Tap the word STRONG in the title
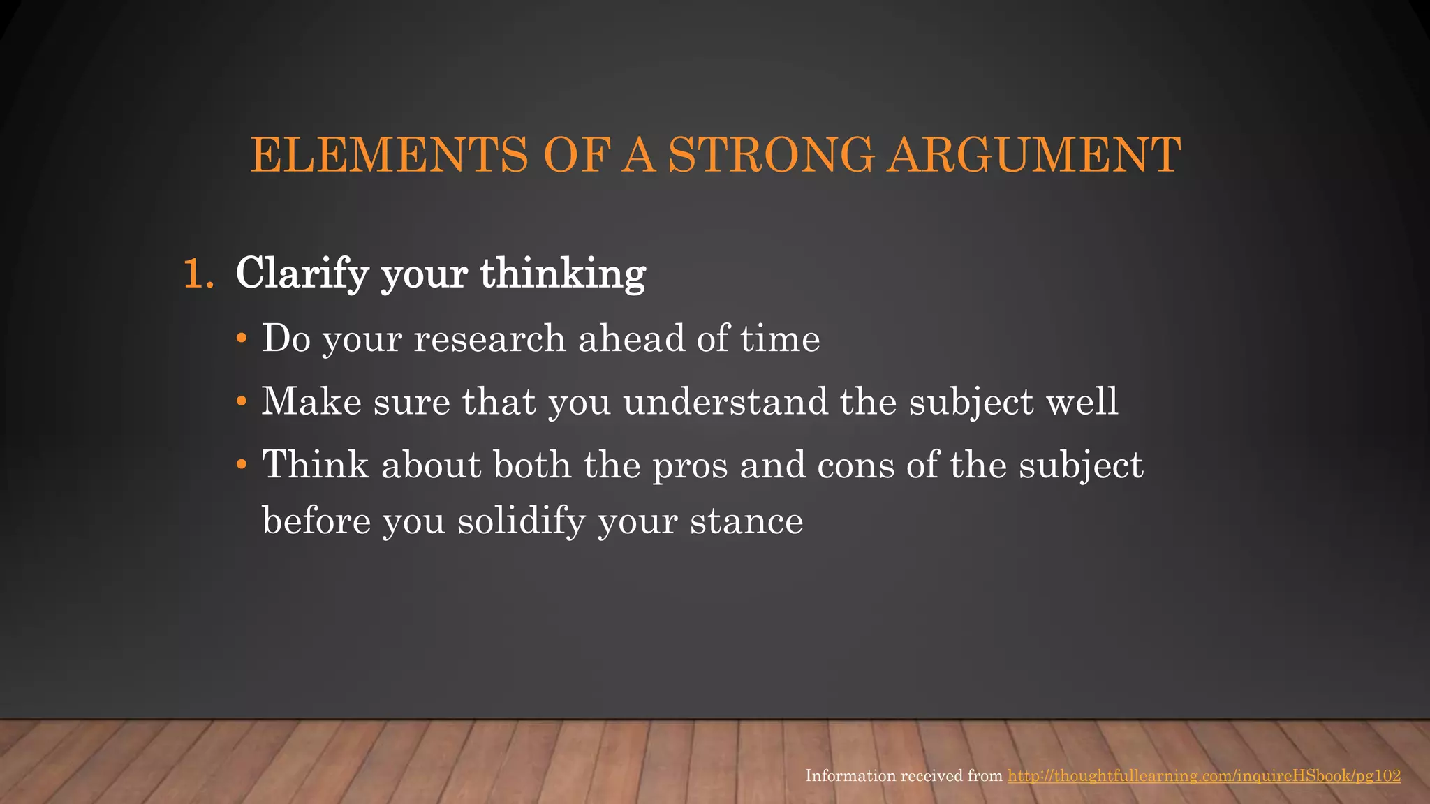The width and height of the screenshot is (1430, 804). point(771,155)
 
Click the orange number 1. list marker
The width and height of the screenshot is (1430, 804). point(198,274)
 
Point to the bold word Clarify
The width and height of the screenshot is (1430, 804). point(302,274)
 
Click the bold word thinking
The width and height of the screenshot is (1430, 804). point(562,274)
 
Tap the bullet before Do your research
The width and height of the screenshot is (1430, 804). point(242,339)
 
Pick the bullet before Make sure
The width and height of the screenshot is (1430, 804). point(242,402)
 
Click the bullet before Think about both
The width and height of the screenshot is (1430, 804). point(242,465)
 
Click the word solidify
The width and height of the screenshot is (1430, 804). point(521,521)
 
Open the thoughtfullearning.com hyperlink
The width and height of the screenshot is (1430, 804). point(1204,775)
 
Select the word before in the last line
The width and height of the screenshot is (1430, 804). point(316,521)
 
